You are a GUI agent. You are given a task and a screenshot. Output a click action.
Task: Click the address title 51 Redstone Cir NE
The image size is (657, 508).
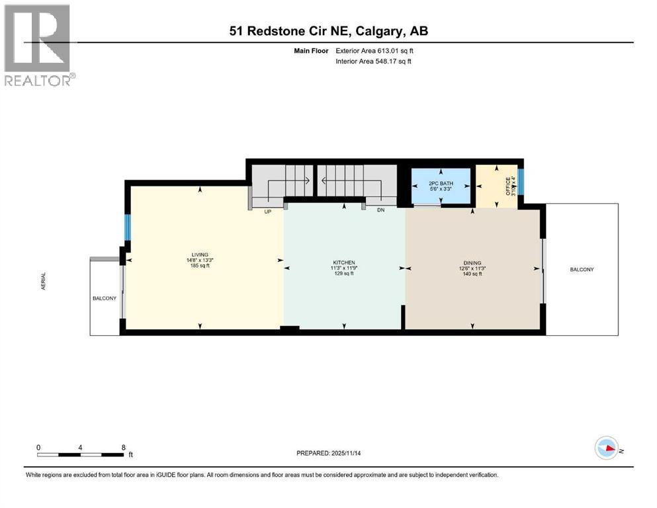click(328, 31)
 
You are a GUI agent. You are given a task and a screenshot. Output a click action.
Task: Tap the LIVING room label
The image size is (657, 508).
click(200, 255)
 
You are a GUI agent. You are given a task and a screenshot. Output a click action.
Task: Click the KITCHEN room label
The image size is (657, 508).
click(343, 263)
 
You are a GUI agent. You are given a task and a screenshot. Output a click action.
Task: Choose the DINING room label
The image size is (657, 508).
click(472, 263)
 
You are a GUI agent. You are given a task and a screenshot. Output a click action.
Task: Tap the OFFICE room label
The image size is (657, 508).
click(508, 185)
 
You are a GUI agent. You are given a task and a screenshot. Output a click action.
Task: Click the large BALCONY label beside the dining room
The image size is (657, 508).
click(582, 269)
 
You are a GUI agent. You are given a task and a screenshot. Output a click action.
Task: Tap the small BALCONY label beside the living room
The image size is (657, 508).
click(104, 298)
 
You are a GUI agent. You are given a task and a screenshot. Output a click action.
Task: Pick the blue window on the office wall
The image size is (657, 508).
click(521, 182)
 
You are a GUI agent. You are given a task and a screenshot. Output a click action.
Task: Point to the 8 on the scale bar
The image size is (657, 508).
click(123, 447)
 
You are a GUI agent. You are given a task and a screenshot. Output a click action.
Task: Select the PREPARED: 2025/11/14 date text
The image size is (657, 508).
click(328, 453)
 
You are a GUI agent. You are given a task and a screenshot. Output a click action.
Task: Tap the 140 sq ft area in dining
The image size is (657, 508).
click(472, 273)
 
